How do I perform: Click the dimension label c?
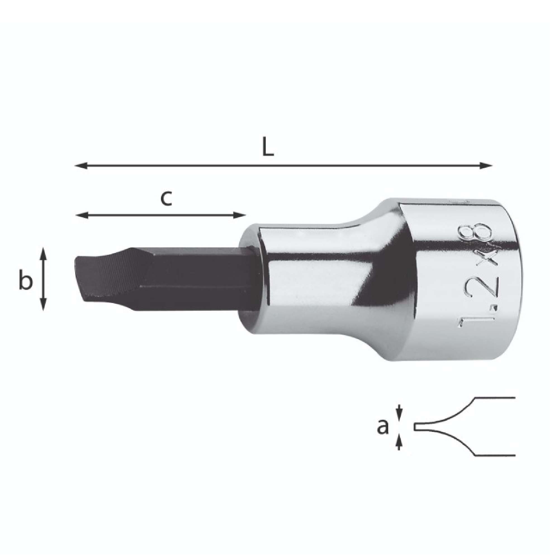coord(166,199)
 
